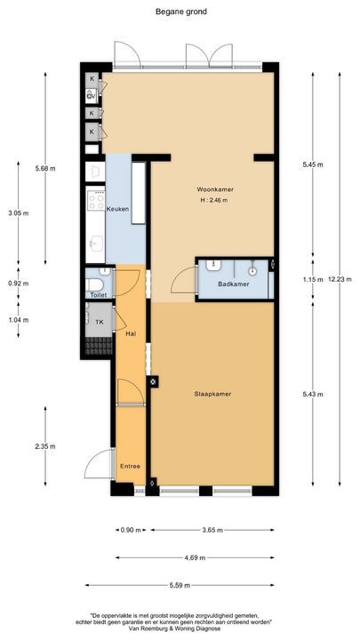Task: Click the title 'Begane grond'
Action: [x=180, y=12]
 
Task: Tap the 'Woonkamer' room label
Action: [x=212, y=189]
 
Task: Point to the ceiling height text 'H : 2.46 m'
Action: [x=212, y=201]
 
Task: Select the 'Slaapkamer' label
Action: [x=212, y=393]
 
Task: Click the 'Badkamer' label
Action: [x=233, y=284]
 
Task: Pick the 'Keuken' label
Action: [x=117, y=209]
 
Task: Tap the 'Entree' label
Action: [x=130, y=465]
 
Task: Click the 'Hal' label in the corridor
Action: [x=131, y=333]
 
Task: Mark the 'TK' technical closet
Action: [x=100, y=322]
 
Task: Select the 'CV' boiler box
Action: [x=92, y=96]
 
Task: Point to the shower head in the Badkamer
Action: [x=252, y=269]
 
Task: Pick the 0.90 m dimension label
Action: [x=130, y=531]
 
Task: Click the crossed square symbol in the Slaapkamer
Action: [x=154, y=382]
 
